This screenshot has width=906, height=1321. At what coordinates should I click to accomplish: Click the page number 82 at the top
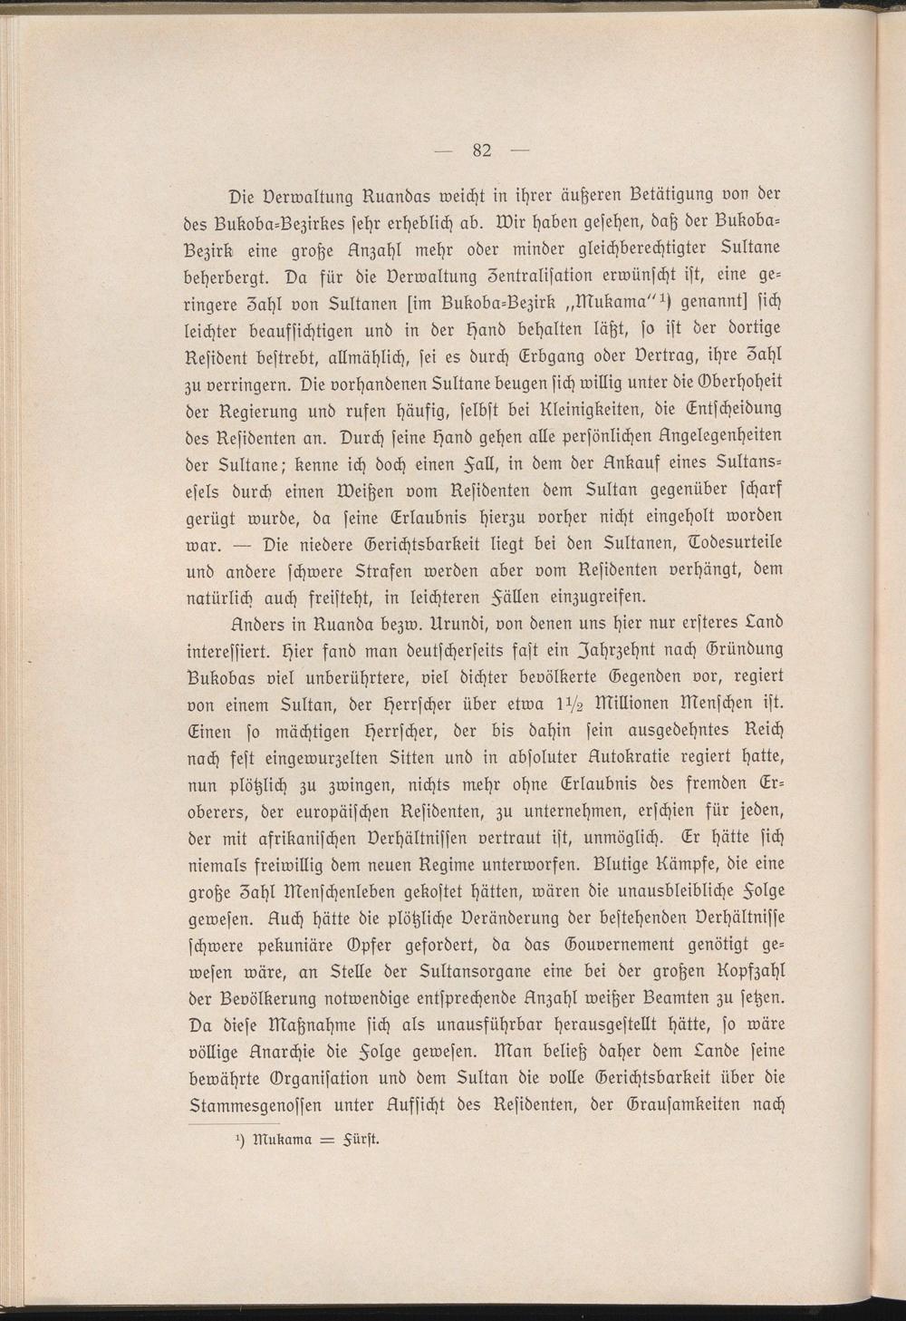pos(481,151)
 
